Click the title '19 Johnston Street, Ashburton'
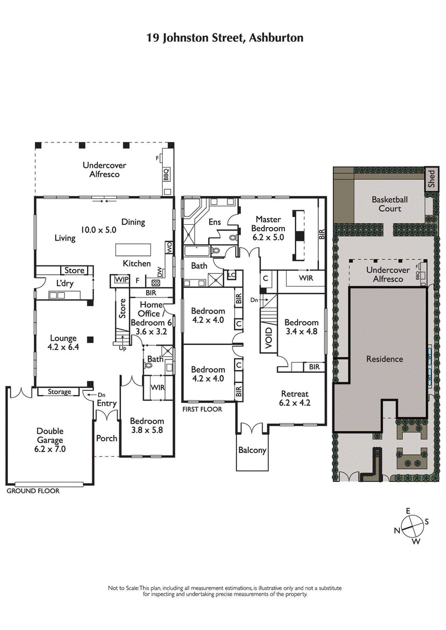225,38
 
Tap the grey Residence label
384,359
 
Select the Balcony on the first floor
252,450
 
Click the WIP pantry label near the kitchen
120,280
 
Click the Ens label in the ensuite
215,222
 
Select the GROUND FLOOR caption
33,491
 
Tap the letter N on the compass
397,530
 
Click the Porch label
106,438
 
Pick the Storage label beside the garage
59,392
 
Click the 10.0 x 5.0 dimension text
98,229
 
